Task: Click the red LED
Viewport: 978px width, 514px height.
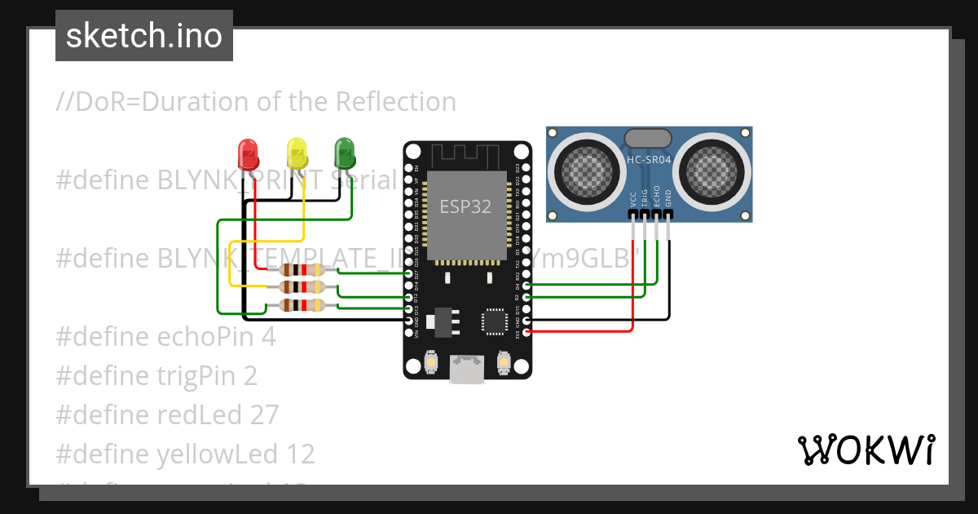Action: coord(248,153)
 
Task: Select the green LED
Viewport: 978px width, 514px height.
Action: coord(345,153)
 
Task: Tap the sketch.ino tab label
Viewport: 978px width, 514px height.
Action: coord(143,36)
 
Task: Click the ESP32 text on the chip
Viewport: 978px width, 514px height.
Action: coord(465,206)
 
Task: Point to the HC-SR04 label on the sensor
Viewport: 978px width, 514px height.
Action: coord(649,160)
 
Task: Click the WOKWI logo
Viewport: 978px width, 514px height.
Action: coord(866,450)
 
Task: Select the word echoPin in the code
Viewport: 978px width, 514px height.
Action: coord(202,336)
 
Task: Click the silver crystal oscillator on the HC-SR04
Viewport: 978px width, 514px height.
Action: coord(649,139)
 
